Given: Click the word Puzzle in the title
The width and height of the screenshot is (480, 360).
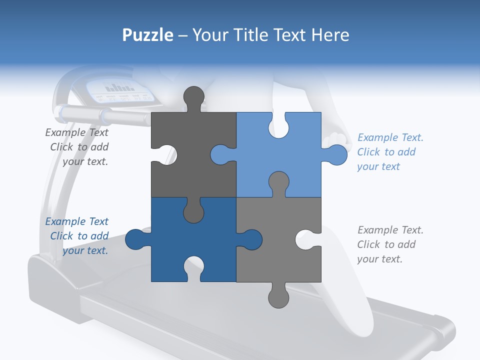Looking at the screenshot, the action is click(148, 35).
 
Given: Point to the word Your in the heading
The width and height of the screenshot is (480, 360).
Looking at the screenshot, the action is click(210, 34).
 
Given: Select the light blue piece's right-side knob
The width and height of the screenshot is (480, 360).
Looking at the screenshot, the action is click(335, 154).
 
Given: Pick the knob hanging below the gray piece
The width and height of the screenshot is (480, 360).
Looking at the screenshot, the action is click(278, 295).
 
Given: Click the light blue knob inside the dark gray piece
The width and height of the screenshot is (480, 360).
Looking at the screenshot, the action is click(222, 154).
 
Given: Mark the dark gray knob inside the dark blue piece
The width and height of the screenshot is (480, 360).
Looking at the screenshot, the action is click(193, 210).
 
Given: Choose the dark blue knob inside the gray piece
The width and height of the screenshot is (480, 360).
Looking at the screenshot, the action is click(250, 239).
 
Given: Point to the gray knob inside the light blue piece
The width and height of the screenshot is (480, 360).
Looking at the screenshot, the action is click(278, 183).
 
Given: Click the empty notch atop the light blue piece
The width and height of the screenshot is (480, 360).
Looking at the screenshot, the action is click(278, 125).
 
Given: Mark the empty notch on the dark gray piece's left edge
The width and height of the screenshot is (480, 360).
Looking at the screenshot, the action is click(164, 154).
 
